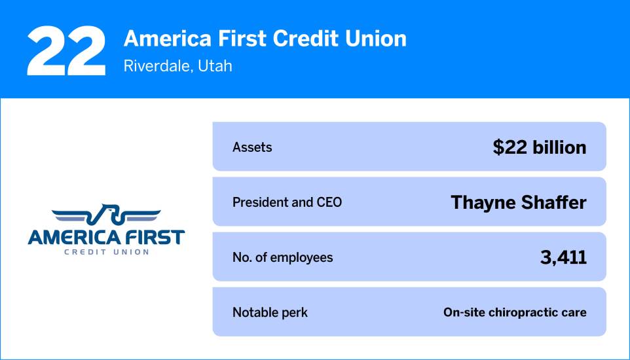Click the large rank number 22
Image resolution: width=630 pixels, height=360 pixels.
66,52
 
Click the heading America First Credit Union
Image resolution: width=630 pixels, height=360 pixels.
265,39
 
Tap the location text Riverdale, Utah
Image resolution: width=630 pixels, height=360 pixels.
177,66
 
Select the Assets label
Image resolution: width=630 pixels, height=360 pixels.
252,147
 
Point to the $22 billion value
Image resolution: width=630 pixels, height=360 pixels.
540,147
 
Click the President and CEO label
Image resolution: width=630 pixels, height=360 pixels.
287,202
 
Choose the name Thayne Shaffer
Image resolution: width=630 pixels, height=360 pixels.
518,202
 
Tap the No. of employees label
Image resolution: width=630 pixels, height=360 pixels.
282,257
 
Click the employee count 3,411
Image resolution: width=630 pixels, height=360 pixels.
563,257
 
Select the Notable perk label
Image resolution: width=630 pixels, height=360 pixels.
270,312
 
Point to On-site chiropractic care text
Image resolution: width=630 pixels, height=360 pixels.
515,312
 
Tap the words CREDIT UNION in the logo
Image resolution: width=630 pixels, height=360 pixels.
106,251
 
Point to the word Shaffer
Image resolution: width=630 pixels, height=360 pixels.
557,202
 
